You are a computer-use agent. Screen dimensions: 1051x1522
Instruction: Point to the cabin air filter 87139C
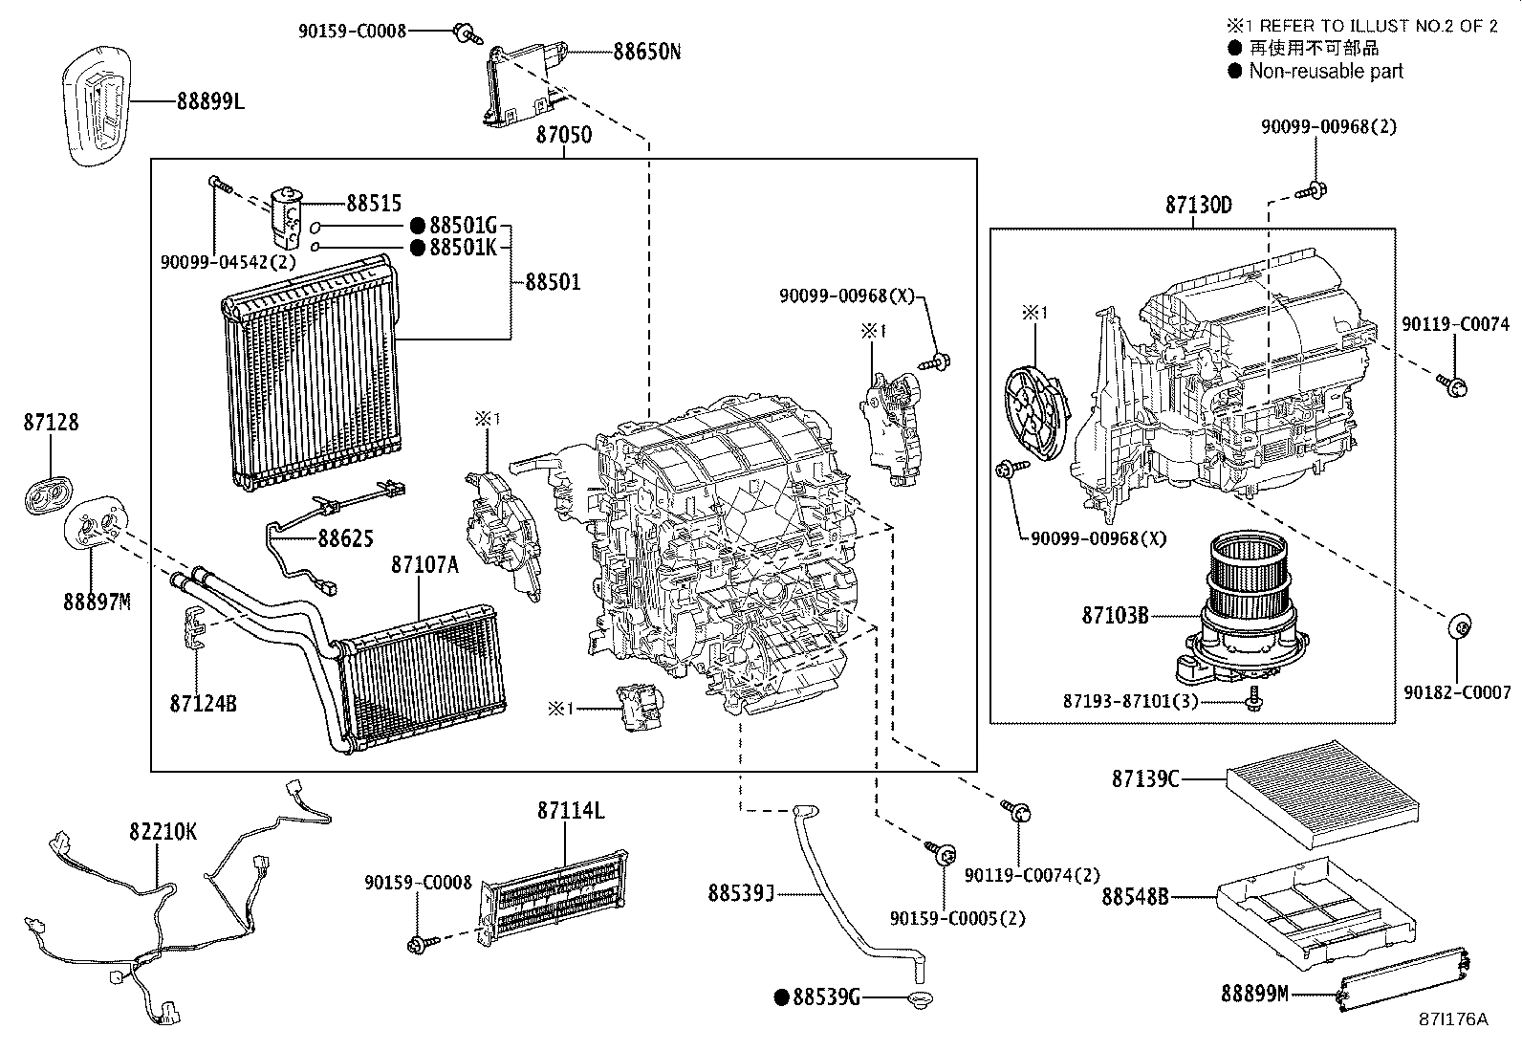[x=1324, y=794]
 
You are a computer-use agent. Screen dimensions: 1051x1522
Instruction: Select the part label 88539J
[x=740, y=893]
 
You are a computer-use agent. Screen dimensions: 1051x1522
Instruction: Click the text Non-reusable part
[x=1325, y=71]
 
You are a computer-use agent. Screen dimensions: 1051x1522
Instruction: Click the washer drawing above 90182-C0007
[x=1459, y=627]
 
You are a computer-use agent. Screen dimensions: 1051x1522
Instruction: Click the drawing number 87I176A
[x=1452, y=1019]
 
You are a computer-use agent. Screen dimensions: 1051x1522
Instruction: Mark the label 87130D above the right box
[x=1198, y=205]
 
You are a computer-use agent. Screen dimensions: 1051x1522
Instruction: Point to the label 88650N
[x=646, y=51]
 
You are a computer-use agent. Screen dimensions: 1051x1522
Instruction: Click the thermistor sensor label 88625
[x=345, y=538]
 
